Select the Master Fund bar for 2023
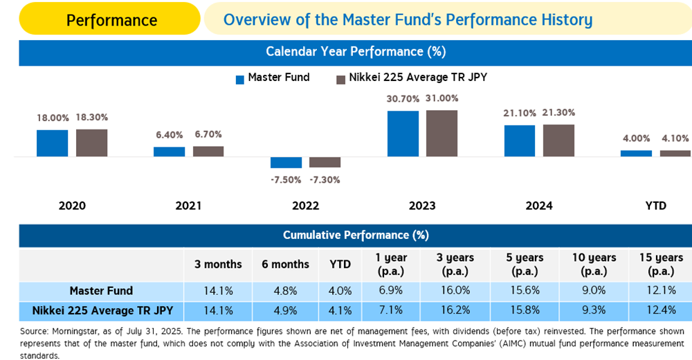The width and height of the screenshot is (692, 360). (x=403, y=134)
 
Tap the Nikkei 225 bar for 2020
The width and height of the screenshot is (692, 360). (x=91, y=143)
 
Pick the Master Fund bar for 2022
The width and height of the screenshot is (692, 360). (x=286, y=163)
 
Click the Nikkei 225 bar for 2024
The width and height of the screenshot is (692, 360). (x=558, y=141)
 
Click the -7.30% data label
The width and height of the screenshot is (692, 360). (x=325, y=179)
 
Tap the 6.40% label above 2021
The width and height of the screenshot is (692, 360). (x=169, y=134)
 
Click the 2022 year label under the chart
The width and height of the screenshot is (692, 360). (x=305, y=206)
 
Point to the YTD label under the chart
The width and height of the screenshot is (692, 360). (x=655, y=206)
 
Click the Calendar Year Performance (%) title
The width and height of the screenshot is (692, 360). (x=356, y=52)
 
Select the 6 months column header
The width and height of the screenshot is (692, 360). (x=285, y=264)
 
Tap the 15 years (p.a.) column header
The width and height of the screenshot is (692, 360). (x=661, y=264)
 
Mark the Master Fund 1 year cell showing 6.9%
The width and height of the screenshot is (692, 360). (x=391, y=291)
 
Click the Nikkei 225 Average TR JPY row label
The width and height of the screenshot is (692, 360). (x=101, y=310)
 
